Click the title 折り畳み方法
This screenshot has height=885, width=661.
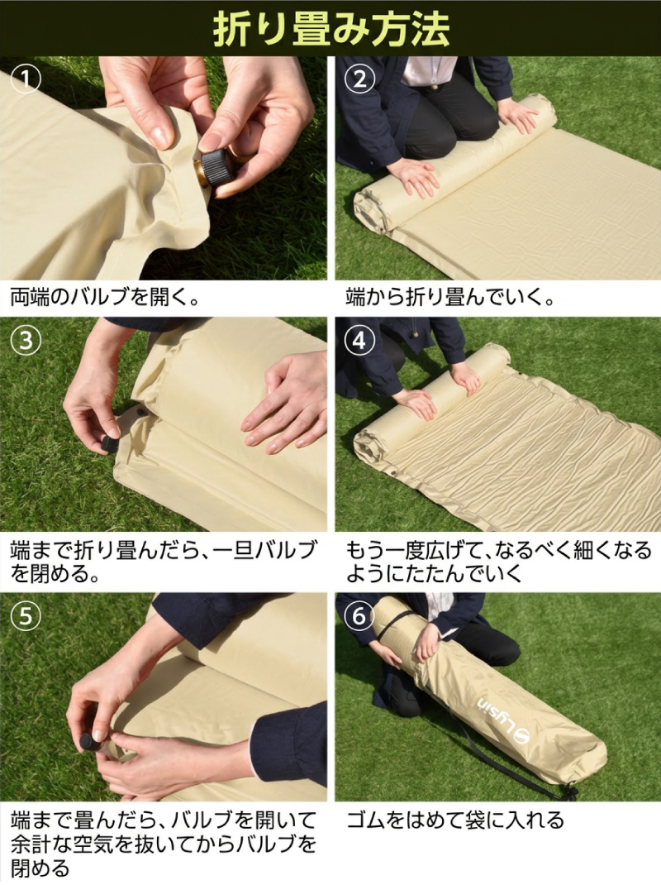point(330,28)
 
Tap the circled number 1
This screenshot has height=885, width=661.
point(26,79)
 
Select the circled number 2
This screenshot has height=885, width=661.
point(359,79)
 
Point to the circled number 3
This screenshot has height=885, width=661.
point(26,341)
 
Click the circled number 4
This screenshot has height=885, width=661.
point(359,341)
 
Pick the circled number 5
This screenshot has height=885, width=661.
point(26,616)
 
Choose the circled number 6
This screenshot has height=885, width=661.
point(359,616)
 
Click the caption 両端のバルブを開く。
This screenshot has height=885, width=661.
point(106,297)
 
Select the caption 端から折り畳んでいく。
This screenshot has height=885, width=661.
point(450,297)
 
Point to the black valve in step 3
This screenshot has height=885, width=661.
point(109,442)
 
